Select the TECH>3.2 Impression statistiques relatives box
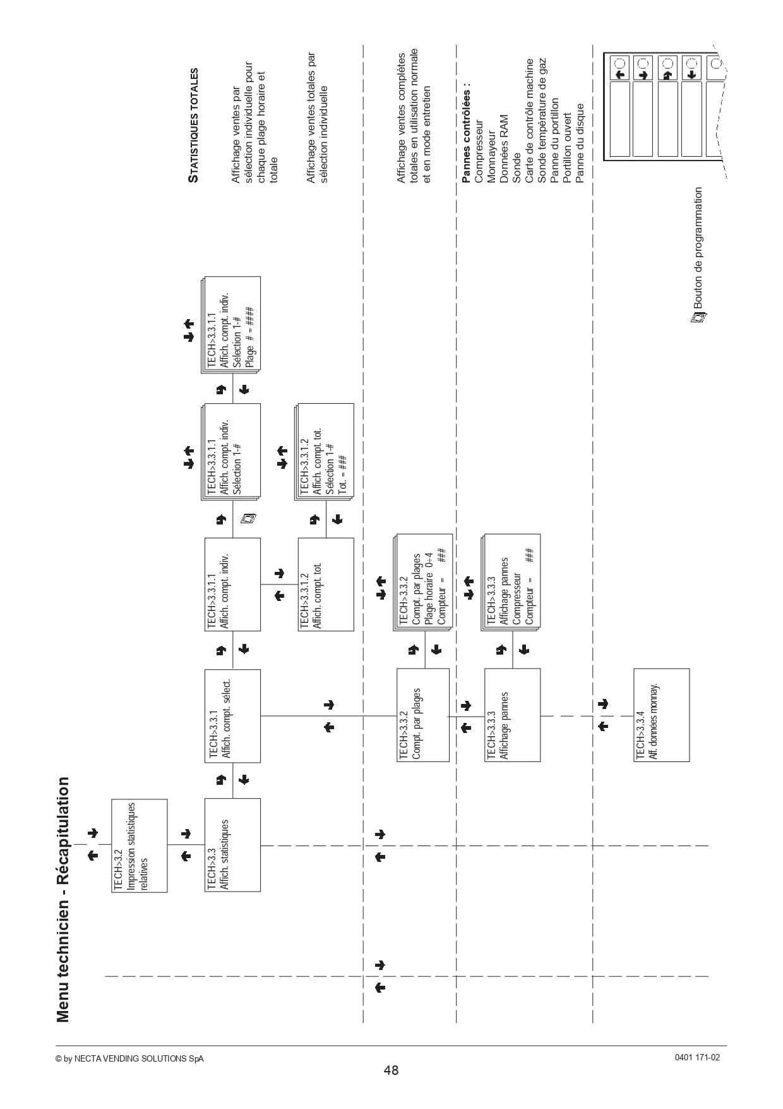(x=140, y=845)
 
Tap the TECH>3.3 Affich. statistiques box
(x=232, y=845)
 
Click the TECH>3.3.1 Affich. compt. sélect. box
(x=232, y=716)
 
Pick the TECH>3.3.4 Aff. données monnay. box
(x=662, y=715)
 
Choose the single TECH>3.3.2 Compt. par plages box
(x=423, y=715)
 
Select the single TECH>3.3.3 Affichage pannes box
(x=512, y=715)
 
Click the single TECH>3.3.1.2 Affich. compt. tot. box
(x=326, y=585)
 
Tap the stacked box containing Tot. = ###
(x=325, y=452)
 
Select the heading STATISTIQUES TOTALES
(x=194, y=126)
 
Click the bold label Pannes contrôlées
(x=467, y=132)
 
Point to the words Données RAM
(x=504, y=149)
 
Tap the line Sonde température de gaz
(x=542, y=121)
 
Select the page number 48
(x=391, y=1070)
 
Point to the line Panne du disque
(x=580, y=143)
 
